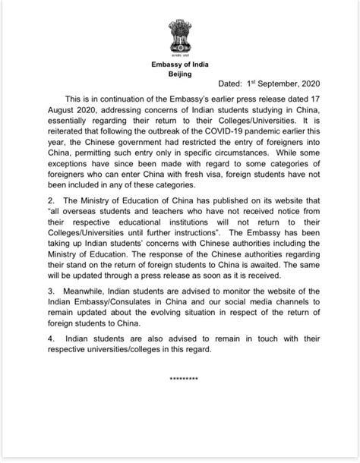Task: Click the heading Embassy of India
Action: click(180, 66)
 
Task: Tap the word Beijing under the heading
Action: click(180, 75)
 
